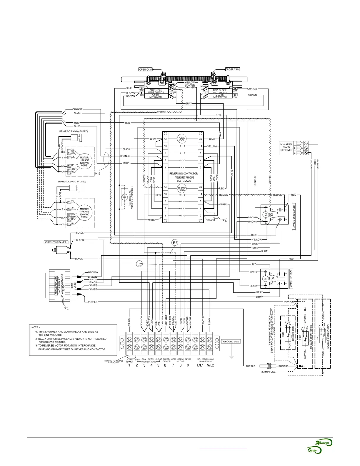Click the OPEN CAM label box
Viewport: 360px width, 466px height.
pyautogui.click(x=146, y=70)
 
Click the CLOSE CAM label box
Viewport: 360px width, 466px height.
pyautogui.click(x=233, y=69)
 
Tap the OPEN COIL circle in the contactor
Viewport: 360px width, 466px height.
pyautogui.click(x=182, y=139)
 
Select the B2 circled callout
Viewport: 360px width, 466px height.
pyautogui.click(x=175, y=243)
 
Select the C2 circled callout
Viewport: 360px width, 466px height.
pyautogui.click(x=140, y=264)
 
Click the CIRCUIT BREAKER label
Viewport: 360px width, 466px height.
pyautogui.click(x=56, y=242)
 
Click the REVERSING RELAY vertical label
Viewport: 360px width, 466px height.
pyautogui.click(x=294, y=217)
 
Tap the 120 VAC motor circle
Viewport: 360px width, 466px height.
pyautogui.click(x=84, y=162)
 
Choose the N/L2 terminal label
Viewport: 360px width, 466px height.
pyautogui.click(x=210, y=366)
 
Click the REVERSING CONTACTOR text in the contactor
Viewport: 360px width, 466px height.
pyautogui.click(x=183, y=174)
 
